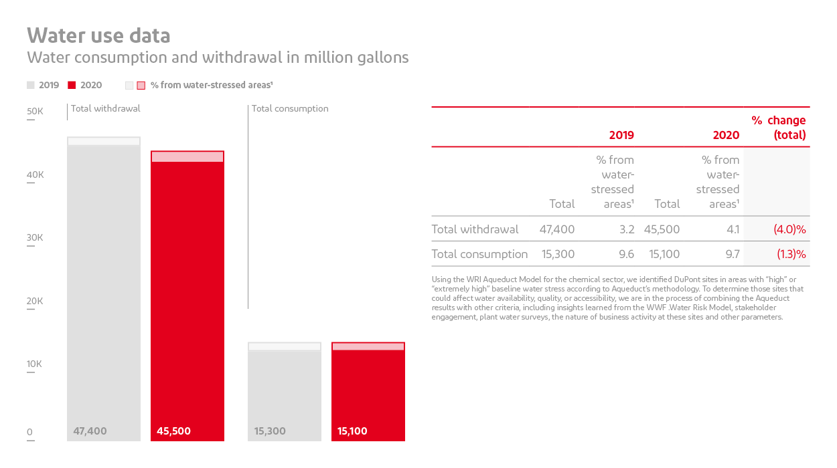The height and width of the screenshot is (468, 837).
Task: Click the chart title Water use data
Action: (98, 35)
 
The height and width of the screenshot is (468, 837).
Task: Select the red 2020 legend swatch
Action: (72, 85)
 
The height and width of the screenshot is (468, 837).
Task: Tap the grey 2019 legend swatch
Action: (31, 85)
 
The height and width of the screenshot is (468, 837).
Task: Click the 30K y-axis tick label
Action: (35, 238)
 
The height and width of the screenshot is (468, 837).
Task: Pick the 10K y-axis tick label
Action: (35, 364)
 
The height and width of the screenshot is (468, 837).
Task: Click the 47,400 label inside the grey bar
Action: (90, 431)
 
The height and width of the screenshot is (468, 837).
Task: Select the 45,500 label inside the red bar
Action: (173, 431)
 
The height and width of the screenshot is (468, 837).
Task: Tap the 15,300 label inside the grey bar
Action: (270, 431)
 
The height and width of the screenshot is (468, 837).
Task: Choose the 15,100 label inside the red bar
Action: (352, 431)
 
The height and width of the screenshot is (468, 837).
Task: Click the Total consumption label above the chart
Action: (290, 108)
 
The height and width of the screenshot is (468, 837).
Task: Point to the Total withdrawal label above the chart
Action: (106, 108)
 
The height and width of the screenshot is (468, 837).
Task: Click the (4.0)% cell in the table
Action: (789, 229)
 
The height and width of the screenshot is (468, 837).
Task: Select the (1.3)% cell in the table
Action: (791, 254)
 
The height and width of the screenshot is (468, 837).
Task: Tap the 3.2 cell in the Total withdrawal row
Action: (627, 229)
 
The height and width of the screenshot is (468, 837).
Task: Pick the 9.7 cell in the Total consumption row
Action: (732, 254)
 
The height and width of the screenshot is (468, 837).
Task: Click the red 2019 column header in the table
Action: (621, 135)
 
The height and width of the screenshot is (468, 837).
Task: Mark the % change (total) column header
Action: (779, 128)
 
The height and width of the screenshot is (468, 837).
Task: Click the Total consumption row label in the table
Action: (479, 254)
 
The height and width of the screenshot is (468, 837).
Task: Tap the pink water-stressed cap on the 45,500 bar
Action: (187, 156)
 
